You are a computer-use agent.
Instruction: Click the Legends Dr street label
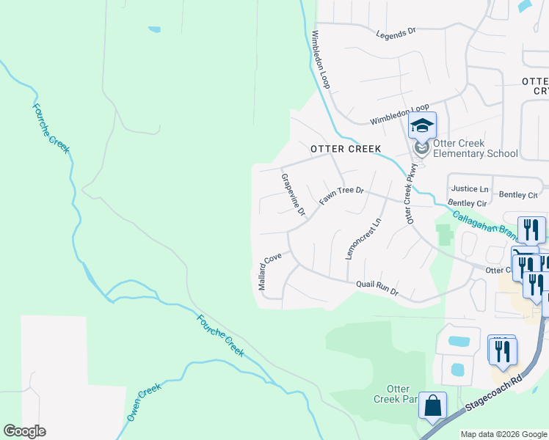tap(396, 33)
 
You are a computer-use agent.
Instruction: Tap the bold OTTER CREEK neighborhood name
tap(346, 149)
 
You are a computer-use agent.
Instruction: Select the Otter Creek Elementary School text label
tap(475, 148)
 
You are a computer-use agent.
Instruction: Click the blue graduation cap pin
tap(422, 125)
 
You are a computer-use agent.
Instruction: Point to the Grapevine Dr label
tap(293, 194)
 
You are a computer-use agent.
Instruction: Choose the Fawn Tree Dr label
tap(341, 195)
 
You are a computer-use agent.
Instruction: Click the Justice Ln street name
tap(470, 189)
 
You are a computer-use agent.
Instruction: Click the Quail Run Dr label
tap(377, 287)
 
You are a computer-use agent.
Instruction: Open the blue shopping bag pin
tap(432, 405)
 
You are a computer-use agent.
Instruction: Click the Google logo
tap(24, 431)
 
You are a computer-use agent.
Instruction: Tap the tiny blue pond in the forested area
tap(154, 30)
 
